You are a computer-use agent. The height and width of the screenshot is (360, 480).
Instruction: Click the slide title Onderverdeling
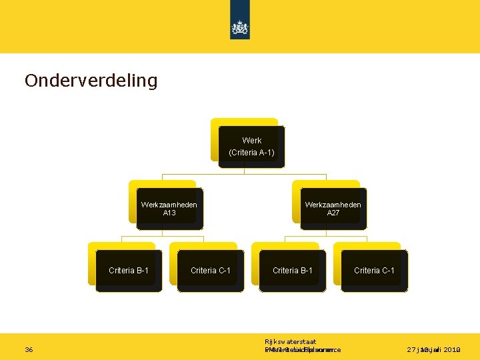(x=91, y=81)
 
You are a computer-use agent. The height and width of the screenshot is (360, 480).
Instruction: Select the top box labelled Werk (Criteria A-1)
(x=251, y=147)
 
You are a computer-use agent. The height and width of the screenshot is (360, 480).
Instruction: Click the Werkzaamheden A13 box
(x=169, y=209)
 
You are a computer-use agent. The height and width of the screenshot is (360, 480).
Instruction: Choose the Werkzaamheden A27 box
(x=333, y=209)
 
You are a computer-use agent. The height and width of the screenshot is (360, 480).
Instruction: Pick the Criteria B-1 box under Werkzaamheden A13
(x=129, y=270)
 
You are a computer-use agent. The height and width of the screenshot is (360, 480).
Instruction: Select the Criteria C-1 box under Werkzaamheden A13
(x=211, y=270)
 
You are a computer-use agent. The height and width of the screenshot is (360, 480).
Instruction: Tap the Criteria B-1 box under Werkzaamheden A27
(x=293, y=270)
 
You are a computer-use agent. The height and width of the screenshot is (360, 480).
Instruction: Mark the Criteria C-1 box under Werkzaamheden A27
(x=374, y=270)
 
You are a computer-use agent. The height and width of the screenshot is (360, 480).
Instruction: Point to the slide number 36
(x=29, y=349)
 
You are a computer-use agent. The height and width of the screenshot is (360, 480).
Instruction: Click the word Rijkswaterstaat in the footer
(x=290, y=341)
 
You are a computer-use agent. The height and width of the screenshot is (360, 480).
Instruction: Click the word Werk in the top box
(x=252, y=141)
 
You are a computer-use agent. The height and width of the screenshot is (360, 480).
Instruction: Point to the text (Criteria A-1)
(x=251, y=153)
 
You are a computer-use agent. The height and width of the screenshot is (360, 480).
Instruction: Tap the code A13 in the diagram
(x=169, y=213)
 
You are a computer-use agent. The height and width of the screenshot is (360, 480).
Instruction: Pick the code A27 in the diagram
(x=333, y=213)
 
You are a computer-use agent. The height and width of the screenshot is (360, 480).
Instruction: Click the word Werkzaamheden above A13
(x=169, y=205)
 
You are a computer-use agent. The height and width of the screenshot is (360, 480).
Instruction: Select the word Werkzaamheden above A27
(x=333, y=205)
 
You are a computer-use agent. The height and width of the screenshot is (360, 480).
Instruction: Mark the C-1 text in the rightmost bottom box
(x=385, y=270)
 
